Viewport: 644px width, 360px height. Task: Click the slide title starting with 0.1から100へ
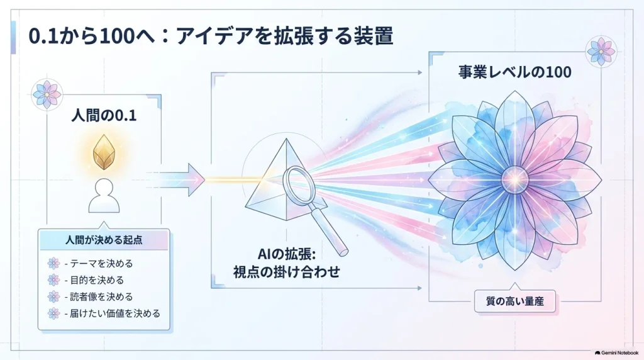coord(211,36)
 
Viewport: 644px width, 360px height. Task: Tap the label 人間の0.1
coord(104,115)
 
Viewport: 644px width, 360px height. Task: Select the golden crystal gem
coord(104,152)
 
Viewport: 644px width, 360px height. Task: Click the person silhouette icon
coord(104,195)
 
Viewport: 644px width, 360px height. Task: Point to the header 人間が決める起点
coord(104,240)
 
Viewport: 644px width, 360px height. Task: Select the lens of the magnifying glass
coord(299,181)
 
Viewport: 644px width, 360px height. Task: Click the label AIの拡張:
coord(287,254)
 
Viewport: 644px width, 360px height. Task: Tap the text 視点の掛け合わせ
coord(287,272)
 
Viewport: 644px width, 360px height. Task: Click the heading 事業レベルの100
coord(514,72)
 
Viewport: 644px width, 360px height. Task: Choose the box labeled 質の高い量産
coord(514,301)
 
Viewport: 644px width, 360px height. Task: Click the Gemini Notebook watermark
coord(616,353)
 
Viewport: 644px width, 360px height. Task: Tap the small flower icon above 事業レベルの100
coord(601,52)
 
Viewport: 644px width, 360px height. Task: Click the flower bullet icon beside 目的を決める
coord(53,280)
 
